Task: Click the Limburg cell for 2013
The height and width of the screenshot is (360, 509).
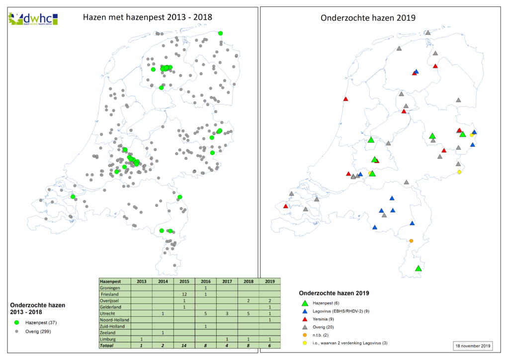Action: pyautogui.click(x=141, y=338)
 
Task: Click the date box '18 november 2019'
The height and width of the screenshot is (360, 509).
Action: pyautogui.click(x=472, y=345)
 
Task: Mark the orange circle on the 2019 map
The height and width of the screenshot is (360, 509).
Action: pyautogui.click(x=411, y=241)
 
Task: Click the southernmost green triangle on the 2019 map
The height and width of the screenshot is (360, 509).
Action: pyautogui.click(x=419, y=269)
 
